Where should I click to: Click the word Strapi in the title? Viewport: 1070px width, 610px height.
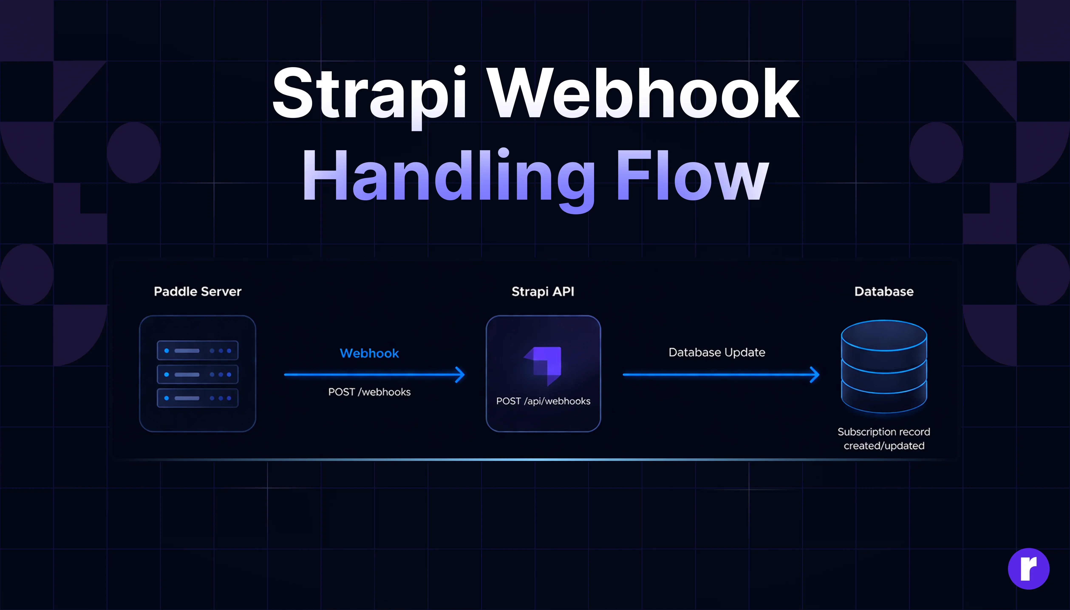pos(369,94)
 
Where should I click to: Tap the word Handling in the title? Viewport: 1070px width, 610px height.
pos(449,176)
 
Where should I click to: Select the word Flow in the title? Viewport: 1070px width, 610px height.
pos(692,176)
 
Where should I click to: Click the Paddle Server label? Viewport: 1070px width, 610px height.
pos(197,292)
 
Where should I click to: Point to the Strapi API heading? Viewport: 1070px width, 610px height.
pos(543,292)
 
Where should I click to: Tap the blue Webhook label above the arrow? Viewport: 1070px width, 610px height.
pos(369,353)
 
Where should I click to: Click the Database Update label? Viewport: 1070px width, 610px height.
pos(717,352)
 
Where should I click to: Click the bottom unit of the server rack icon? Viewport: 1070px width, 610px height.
pos(197,398)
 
